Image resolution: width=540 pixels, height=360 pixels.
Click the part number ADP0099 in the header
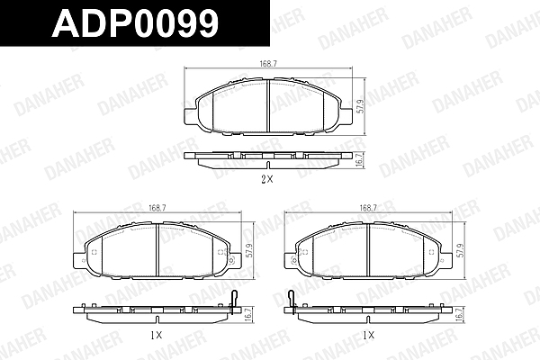(x=136, y=22)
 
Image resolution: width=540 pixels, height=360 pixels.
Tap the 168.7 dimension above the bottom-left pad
(x=157, y=208)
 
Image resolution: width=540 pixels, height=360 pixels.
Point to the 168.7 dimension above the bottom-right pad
(x=368, y=208)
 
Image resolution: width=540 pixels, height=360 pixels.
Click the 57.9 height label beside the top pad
(x=360, y=106)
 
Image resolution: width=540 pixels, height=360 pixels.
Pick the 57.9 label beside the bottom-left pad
(x=250, y=250)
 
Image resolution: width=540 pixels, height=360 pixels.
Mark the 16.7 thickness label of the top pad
(x=359, y=159)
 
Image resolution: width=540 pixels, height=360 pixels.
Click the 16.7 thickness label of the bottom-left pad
(x=250, y=314)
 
